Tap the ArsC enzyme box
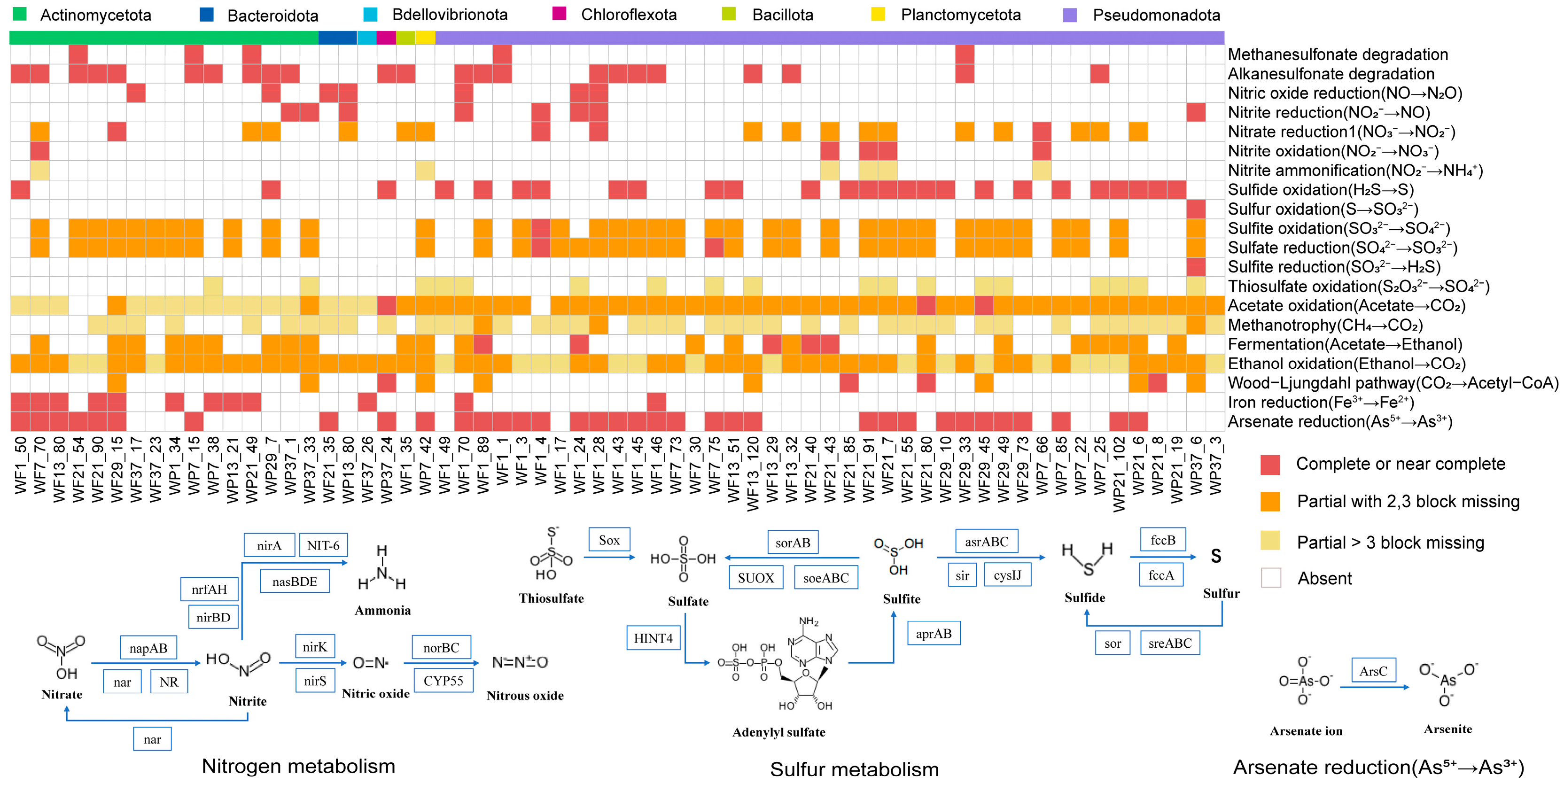1373,671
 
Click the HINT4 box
654,638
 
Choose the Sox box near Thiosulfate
609,540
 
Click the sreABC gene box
1170,644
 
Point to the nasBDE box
295,582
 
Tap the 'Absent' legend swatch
1271,578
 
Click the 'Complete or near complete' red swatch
1271,465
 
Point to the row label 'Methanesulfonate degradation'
1338,54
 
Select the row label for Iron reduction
1321,403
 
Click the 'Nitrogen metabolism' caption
298,766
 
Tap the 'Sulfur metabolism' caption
854,769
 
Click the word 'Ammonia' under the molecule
382,611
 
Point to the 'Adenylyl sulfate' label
778,732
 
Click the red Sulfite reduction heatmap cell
1196,267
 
